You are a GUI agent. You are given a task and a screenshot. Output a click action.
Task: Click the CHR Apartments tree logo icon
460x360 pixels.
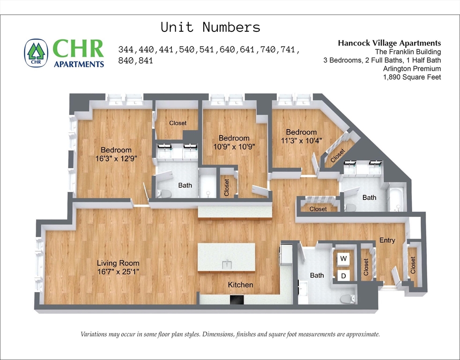(36, 52)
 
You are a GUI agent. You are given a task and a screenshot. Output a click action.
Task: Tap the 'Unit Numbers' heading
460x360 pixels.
(210, 27)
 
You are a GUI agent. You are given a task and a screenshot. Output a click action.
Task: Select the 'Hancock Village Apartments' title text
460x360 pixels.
(389, 43)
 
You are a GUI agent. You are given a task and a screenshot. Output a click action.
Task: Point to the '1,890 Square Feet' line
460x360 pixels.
(412, 77)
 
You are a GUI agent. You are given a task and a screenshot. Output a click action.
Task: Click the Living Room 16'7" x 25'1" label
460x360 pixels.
(118, 267)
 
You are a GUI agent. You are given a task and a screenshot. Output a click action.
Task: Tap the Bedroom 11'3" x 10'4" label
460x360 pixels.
(301, 136)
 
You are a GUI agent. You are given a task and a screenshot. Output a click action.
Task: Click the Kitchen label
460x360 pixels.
(240, 285)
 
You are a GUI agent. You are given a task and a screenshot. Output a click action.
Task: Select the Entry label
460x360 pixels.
(387, 240)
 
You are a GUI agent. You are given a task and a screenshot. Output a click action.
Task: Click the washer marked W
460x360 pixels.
(343, 259)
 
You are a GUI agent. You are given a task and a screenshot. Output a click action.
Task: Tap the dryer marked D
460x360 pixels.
(343, 276)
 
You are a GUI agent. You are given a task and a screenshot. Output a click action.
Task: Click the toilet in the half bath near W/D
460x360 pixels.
(347, 298)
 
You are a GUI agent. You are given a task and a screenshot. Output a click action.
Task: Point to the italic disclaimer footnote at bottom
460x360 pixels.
(230, 334)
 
